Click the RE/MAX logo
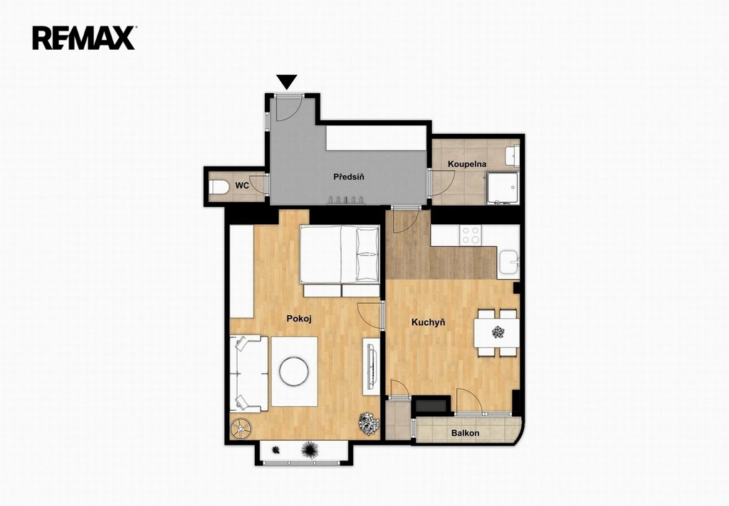coord(84,38)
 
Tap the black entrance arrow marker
coord(287,82)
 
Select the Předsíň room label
coord(349,176)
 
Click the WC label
coord(242,186)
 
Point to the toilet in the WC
coord(219,187)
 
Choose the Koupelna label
coord(467,164)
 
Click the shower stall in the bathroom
coord(502,188)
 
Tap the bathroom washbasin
coord(513,156)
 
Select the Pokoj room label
coord(299,319)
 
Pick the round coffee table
coord(294,371)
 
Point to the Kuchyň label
coord(429,322)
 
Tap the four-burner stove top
coord(471,235)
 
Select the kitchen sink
coord(508,263)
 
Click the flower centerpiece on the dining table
coord(498,332)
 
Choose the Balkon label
coord(466,433)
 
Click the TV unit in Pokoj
coord(371,366)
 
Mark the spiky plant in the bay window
coord(310,450)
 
